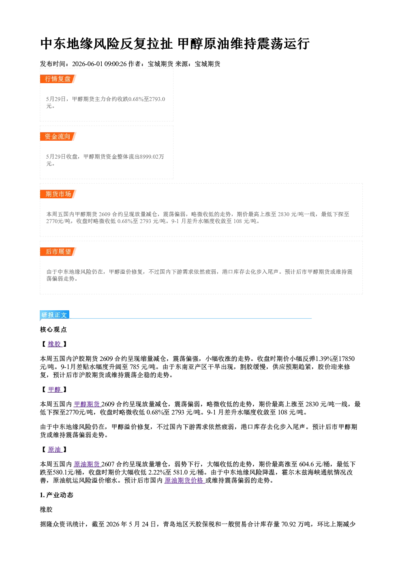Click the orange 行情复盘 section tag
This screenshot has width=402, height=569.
[x=58, y=79]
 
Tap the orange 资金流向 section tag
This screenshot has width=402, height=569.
[x=58, y=136]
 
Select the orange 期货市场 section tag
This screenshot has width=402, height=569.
[x=58, y=194]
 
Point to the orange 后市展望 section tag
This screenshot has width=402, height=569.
[x=58, y=252]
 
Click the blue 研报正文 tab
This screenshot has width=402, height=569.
[x=54, y=315]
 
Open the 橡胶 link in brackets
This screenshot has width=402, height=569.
[x=55, y=344]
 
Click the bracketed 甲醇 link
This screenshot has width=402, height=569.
[x=55, y=389]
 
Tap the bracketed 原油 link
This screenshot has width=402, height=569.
[x=55, y=450]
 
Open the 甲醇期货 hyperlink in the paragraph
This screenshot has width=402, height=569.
[x=87, y=404]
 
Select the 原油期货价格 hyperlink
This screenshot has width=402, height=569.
[x=185, y=480]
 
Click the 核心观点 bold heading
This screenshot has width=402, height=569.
[x=53, y=330]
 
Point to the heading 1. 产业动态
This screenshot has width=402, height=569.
[x=57, y=495]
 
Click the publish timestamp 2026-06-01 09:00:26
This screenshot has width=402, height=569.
[x=99, y=64]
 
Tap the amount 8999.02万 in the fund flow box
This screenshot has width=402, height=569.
[x=152, y=157]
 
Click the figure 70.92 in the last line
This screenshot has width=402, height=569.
[x=289, y=524]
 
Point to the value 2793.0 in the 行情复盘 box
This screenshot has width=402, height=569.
[x=157, y=99]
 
